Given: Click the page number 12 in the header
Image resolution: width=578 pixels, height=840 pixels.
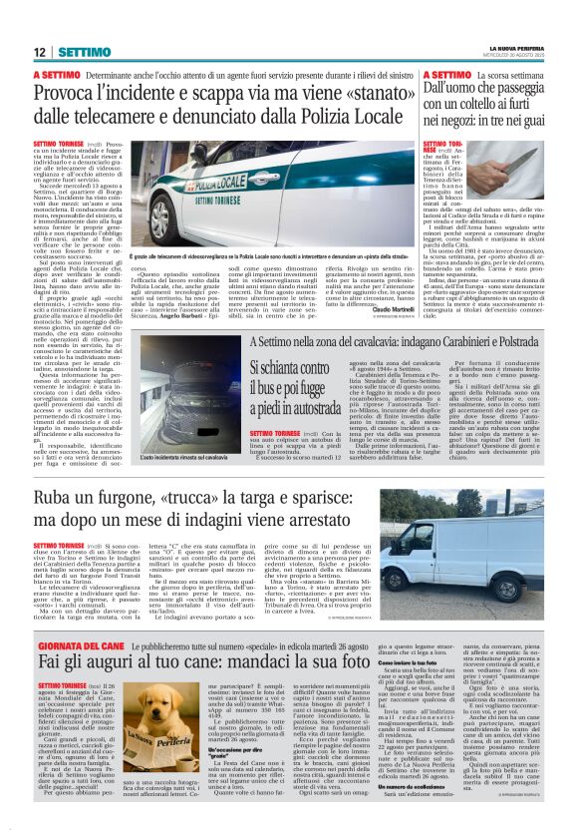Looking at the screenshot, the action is coord(40,51).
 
